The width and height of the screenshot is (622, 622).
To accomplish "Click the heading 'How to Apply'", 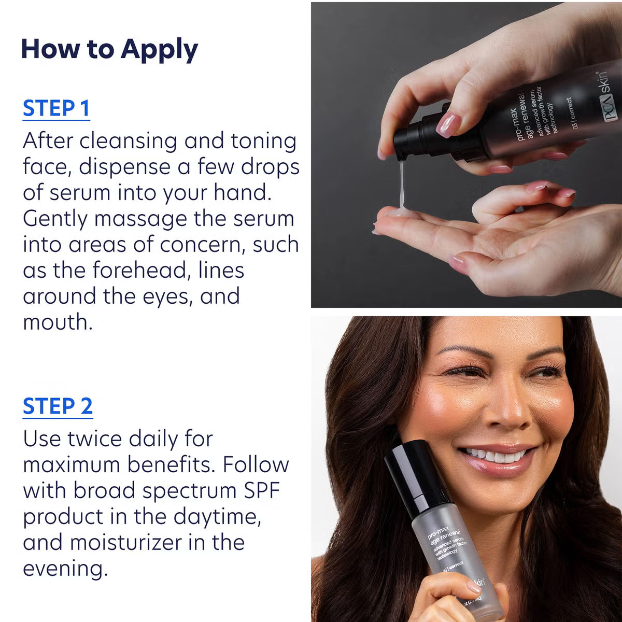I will [109, 49].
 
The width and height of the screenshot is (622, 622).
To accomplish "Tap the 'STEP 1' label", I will [56, 108].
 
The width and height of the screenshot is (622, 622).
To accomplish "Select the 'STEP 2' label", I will [58, 406].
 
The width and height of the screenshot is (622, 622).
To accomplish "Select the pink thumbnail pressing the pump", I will [448, 124].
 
